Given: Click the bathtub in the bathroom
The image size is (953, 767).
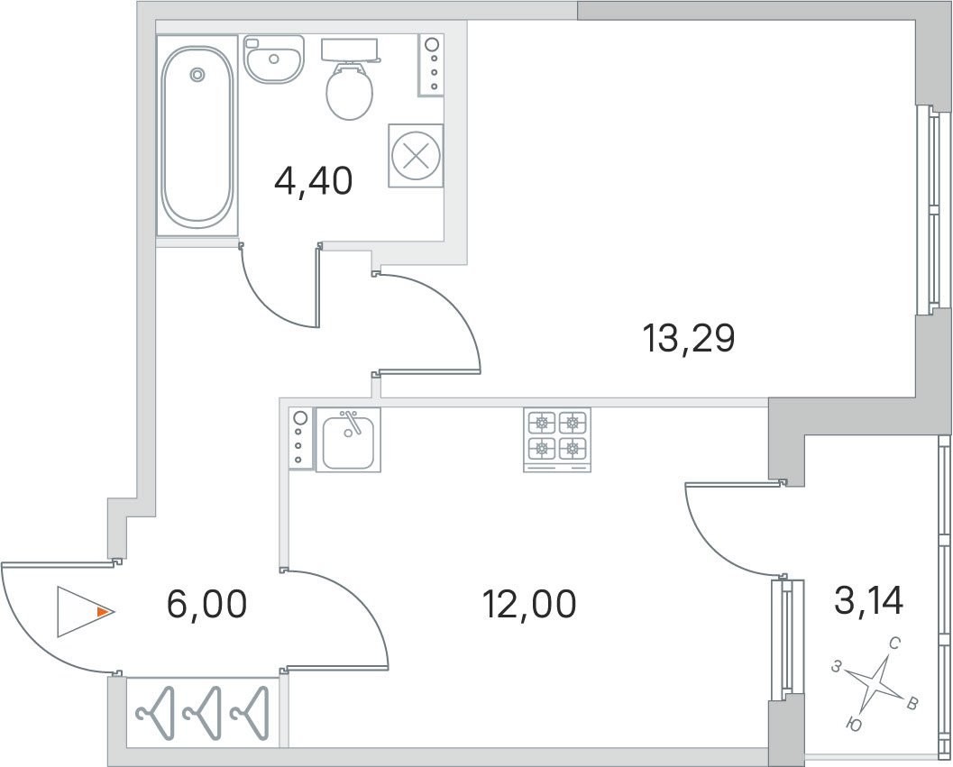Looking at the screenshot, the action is [197, 135].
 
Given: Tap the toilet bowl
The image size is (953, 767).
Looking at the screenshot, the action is [349, 92].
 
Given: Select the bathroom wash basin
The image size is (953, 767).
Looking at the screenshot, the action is [273, 59].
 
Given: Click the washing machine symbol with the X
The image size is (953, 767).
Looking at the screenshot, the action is [416, 156].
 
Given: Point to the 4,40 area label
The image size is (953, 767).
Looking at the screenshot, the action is [313, 181].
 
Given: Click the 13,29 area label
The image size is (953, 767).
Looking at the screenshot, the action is [689, 339].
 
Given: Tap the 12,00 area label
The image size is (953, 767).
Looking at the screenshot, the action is [528, 604].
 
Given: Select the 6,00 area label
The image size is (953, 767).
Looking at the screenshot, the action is [206, 604].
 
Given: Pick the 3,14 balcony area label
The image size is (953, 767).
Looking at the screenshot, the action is [869, 600].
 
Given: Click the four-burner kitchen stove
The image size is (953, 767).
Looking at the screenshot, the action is [556, 440].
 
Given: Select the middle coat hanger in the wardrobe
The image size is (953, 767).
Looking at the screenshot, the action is [203, 713].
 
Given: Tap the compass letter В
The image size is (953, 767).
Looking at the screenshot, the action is [912, 705].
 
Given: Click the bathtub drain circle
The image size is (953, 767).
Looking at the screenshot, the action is [197, 75].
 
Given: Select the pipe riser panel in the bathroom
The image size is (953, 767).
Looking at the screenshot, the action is [431, 65].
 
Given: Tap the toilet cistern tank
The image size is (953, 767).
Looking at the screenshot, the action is [350, 50].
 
